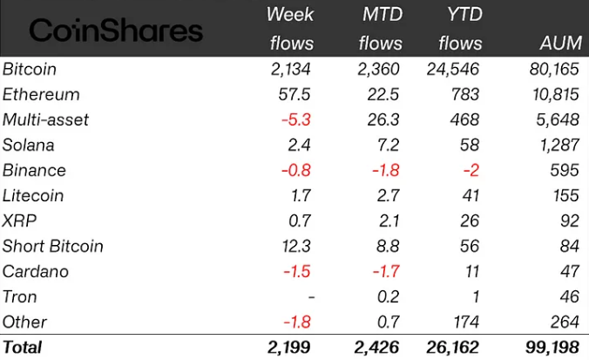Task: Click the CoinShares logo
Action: click(115, 31)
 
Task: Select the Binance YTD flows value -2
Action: click(471, 170)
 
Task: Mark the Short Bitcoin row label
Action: click(53, 246)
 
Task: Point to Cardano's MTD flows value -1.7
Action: click(383, 271)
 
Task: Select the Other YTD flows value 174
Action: click(467, 323)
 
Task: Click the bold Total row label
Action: click(23, 348)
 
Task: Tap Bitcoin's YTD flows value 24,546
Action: click(455, 69)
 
